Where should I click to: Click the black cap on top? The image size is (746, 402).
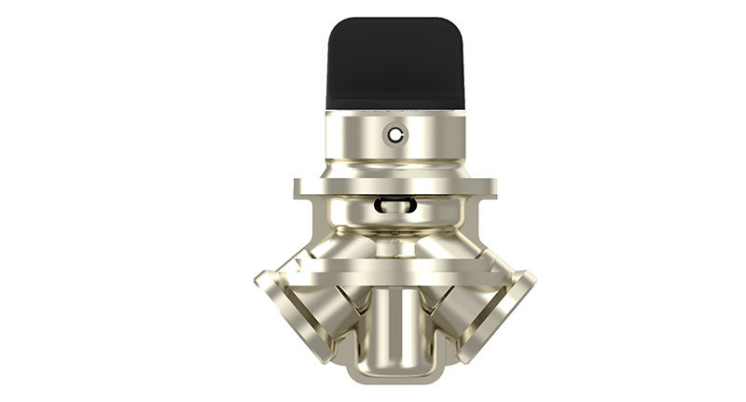394,63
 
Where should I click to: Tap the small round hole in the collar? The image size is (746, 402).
398,135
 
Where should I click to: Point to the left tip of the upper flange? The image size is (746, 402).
297,187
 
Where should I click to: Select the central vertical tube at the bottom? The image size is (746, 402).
394,326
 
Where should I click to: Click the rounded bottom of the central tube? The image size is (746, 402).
394,373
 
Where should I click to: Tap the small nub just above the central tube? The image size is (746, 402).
396,249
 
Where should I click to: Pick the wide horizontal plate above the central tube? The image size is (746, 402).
394,265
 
